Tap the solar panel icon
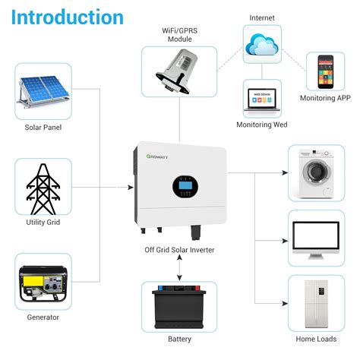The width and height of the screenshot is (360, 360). point(43,90)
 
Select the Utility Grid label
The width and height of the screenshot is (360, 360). point(43,223)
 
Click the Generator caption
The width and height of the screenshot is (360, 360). point(43,318)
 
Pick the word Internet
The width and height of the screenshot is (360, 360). point(263,16)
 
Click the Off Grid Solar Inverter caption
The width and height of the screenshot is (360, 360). point(180,249)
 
